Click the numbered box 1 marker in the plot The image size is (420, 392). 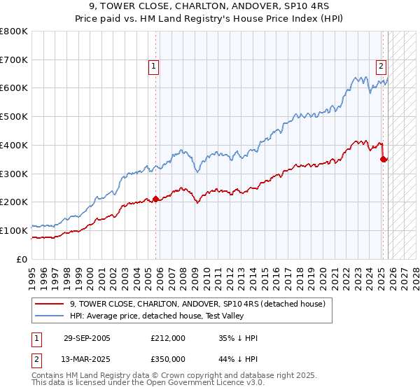click(153, 66)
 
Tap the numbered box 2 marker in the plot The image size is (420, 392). click(381, 66)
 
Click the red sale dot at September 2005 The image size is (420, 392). click(155, 199)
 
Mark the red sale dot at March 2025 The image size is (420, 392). click(383, 159)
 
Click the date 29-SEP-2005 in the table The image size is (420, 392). click(87, 338)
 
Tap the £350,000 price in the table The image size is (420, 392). click(167, 358)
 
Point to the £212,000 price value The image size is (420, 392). click(167, 338)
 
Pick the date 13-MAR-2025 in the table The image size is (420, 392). click(87, 358)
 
